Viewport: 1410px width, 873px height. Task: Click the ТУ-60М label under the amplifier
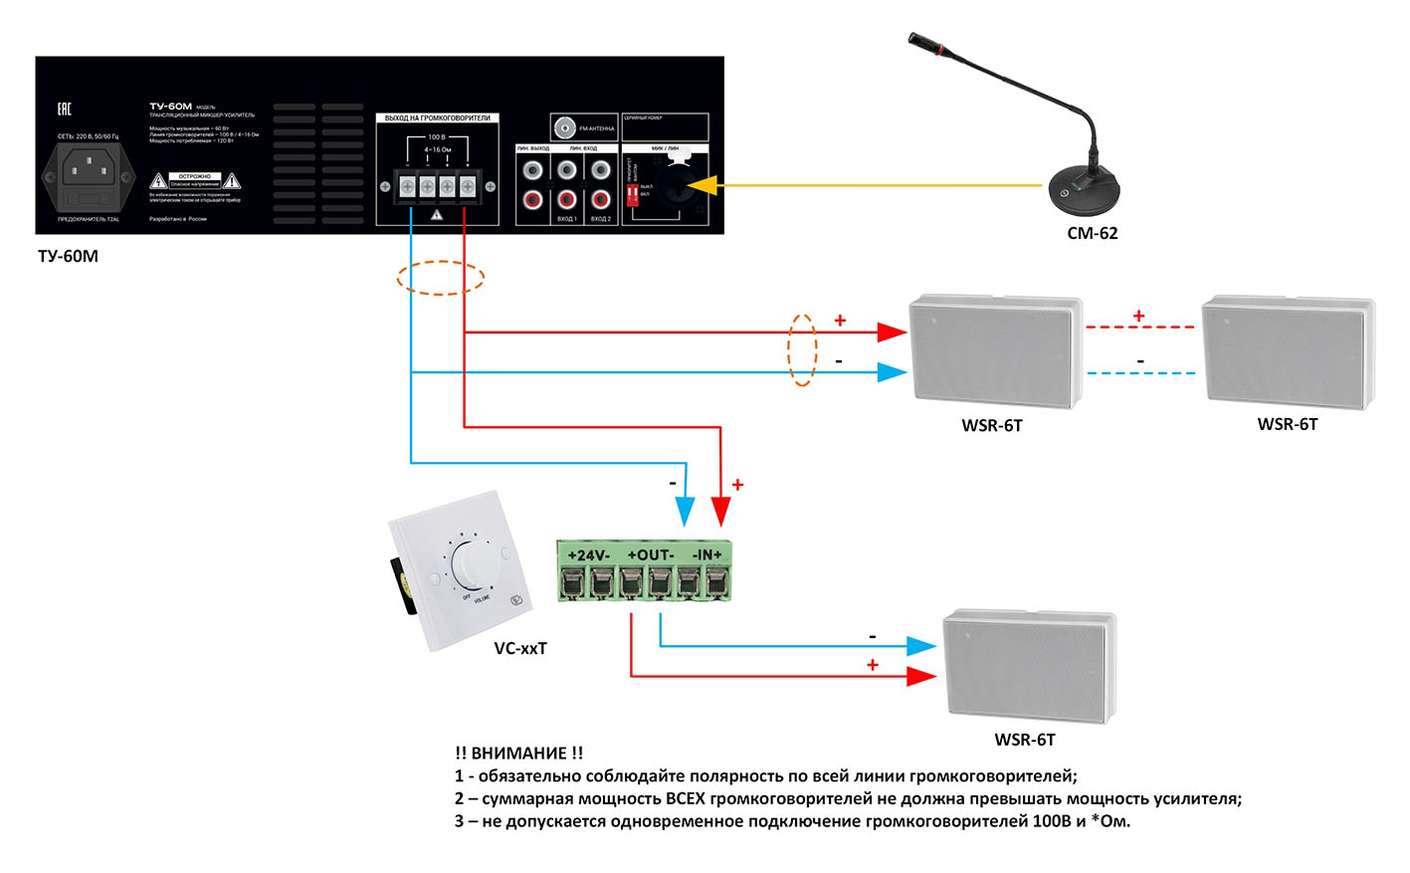click(68, 256)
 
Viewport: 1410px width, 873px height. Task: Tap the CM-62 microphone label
click(1092, 233)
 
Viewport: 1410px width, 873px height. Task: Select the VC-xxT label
click(520, 648)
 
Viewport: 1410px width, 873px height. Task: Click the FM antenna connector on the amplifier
click(565, 127)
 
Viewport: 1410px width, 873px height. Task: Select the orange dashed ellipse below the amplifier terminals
click(441, 278)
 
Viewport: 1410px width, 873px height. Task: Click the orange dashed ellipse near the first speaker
click(802, 349)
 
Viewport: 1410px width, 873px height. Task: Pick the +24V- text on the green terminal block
click(588, 554)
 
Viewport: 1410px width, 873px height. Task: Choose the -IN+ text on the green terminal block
click(706, 554)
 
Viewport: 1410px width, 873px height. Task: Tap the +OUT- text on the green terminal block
click(650, 554)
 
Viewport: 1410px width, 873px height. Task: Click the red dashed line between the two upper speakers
click(1139, 327)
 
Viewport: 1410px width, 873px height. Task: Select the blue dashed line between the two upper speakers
click(1140, 373)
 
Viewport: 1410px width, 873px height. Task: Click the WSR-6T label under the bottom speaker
click(1025, 740)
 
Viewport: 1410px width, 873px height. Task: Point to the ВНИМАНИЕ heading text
click(519, 754)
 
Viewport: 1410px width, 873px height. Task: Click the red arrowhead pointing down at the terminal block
click(721, 513)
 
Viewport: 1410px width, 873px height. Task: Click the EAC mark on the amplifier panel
click(64, 109)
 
